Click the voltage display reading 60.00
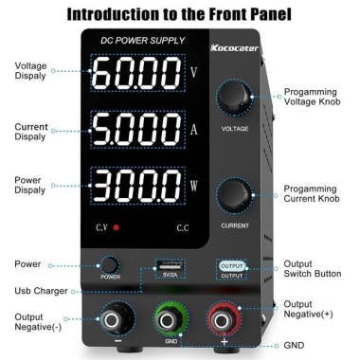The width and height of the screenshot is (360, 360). point(135,72)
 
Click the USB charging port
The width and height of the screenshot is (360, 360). point(170,264)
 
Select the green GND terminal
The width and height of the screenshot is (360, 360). point(171,318)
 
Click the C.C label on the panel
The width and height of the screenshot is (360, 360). point(182,228)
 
